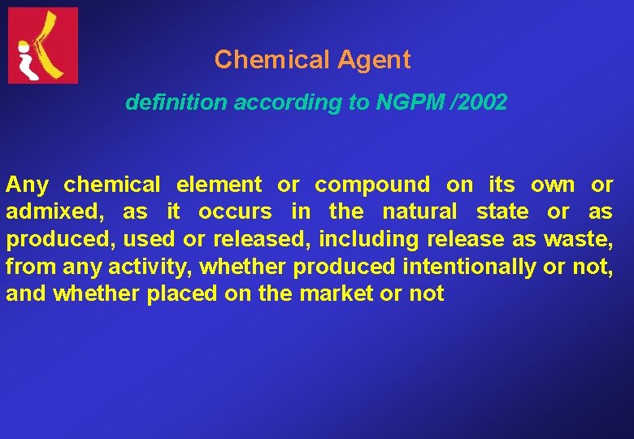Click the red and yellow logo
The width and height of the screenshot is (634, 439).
pyautogui.click(x=43, y=46)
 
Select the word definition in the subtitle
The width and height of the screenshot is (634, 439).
pyautogui.click(x=176, y=103)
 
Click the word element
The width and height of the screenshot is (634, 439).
pyautogui.click(x=219, y=185)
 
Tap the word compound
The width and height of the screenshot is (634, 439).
pyautogui.click(x=372, y=185)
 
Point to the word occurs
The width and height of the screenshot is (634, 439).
pyautogui.click(x=235, y=212)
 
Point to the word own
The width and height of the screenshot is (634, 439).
pyautogui.click(x=553, y=185)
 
